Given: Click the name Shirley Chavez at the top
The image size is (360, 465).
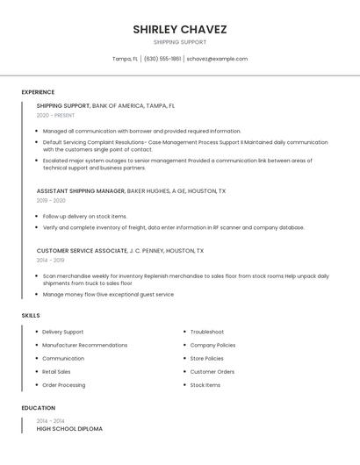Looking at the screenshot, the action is (180, 29).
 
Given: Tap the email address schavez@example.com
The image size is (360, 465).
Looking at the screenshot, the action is (217, 59).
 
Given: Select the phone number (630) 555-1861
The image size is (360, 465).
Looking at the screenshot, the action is (162, 59).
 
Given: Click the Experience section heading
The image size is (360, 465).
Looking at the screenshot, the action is (38, 92).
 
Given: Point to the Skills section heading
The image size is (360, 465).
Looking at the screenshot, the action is (31, 315).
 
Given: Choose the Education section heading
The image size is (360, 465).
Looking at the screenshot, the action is (39, 408).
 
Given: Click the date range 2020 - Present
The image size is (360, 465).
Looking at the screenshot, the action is (55, 116).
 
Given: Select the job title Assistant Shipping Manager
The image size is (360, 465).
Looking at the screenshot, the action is (81, 190).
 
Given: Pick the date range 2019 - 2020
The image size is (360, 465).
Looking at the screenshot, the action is (51, 200).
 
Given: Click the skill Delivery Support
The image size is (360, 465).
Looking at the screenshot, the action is (63, 332).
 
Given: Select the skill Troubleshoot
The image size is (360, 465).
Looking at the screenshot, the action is (207, 332).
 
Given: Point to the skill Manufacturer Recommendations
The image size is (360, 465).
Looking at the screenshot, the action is (85, 345).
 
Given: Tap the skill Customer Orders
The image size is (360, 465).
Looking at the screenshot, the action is (212, 371).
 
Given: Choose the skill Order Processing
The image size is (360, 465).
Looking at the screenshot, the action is (64, 385).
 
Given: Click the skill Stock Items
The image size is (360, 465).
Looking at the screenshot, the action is (205, 385).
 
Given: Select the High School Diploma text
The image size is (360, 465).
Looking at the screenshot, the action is (69, 429).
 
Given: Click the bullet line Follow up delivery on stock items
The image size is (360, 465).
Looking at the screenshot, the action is (85, 216).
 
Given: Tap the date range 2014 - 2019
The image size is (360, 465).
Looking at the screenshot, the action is (50, 261).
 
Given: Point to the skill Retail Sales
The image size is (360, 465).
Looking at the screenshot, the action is (57, 371).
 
